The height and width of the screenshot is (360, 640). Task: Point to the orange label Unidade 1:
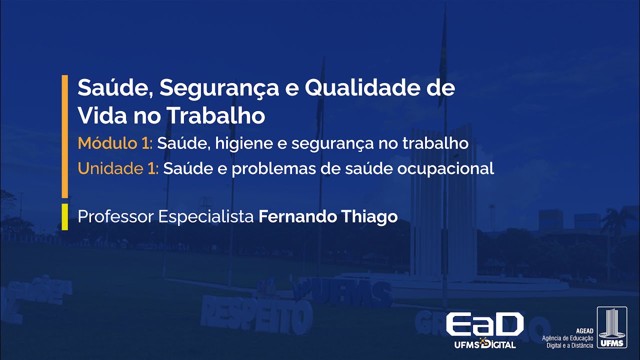click(118, 168)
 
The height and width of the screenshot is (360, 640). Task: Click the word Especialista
click(206, 217)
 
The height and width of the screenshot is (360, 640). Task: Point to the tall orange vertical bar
click(64, 136)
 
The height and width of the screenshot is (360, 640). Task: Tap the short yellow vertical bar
click(64, 216)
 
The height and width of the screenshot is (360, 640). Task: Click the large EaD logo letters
click(484, 325)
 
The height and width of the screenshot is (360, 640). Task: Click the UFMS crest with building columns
click(611, 327)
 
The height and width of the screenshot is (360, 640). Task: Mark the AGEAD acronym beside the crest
click(584, 331)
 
